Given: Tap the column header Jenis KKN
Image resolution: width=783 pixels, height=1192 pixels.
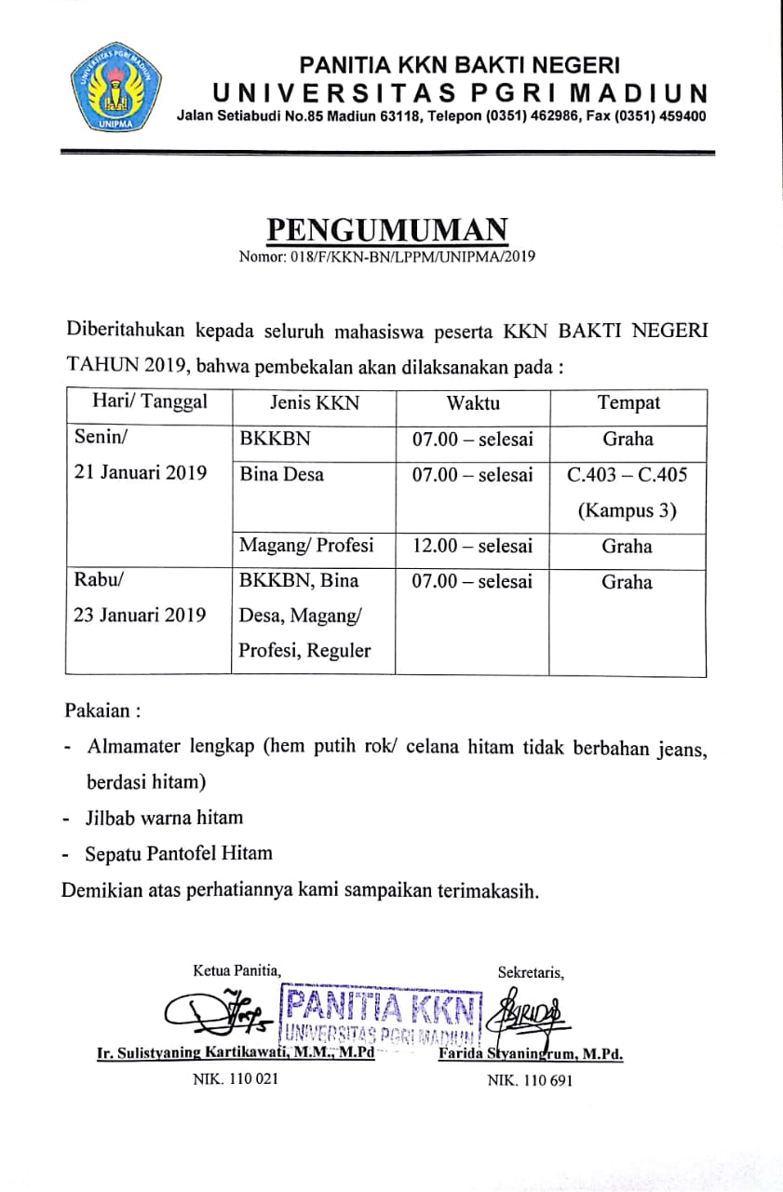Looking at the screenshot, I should [314, 403].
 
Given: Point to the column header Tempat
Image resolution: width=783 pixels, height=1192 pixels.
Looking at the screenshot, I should [628, 403].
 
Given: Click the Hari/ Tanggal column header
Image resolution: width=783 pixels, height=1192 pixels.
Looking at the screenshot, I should [149, 402].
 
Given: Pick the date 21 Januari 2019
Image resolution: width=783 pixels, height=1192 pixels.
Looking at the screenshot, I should [141, 474].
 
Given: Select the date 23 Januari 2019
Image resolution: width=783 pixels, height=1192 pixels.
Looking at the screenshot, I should [141, 616].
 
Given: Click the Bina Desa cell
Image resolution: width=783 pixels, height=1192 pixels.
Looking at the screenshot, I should [282, 474].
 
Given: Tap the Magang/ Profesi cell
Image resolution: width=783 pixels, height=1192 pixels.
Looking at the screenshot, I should [306, 546].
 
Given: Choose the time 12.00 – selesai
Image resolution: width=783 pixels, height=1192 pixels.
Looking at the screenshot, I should [473, 547].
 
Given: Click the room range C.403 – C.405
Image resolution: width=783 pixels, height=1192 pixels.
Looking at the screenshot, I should [628, 475].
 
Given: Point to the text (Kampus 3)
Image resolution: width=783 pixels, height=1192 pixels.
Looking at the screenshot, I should [627, 510].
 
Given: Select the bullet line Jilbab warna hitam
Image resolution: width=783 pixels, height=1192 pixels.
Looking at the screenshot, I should [164, 818].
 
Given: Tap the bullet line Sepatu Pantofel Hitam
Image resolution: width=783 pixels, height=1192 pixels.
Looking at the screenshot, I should [179, 853].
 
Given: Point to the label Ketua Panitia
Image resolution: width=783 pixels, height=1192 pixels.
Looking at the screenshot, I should [236, 971].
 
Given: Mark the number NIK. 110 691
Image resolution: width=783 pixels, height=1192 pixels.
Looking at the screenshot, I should [530, 1080].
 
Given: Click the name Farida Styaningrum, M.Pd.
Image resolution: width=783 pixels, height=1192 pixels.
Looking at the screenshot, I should [530, 1055].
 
